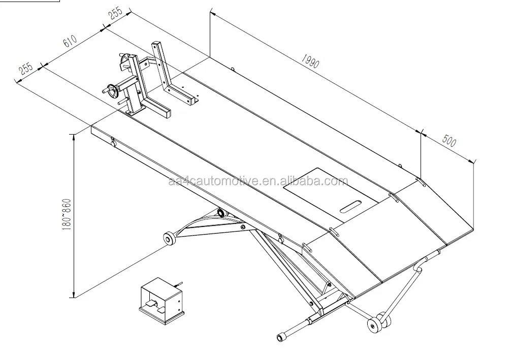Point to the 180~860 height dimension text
pyautogui.click(x=65, y=213)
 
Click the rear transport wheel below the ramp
pyautogui.click(x=376, y=323)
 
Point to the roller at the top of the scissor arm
pyautogui.click(x=221, y=212)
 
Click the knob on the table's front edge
pyautogui.click(x=113, y=144)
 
